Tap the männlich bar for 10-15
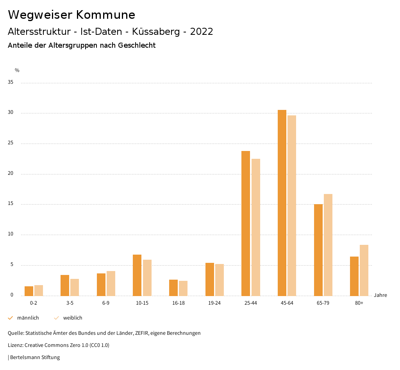click(x=137, y=275)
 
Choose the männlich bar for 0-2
click(x=29, y=291)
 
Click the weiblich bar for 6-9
click(x=111, y=283)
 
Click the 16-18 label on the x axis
click(x=178, y=303)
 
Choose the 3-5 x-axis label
click(x=70, y=303)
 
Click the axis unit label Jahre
click(x=380, y=295)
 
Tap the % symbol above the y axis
click(x=17, y=70)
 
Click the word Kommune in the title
click(x=105, y=15)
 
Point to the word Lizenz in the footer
click(x=15, y=345)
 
